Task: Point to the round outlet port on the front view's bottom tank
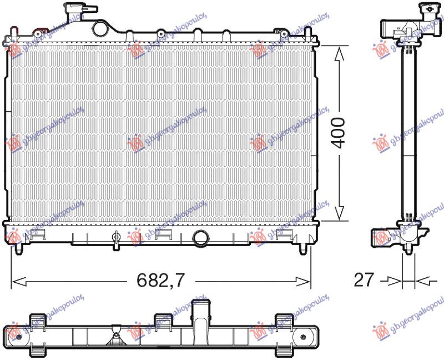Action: (200, 238)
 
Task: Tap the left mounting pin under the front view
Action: (21, 248)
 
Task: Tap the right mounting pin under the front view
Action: (302, 248)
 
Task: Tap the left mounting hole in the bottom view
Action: (18, 336)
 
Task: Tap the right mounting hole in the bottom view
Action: (305, 336)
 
